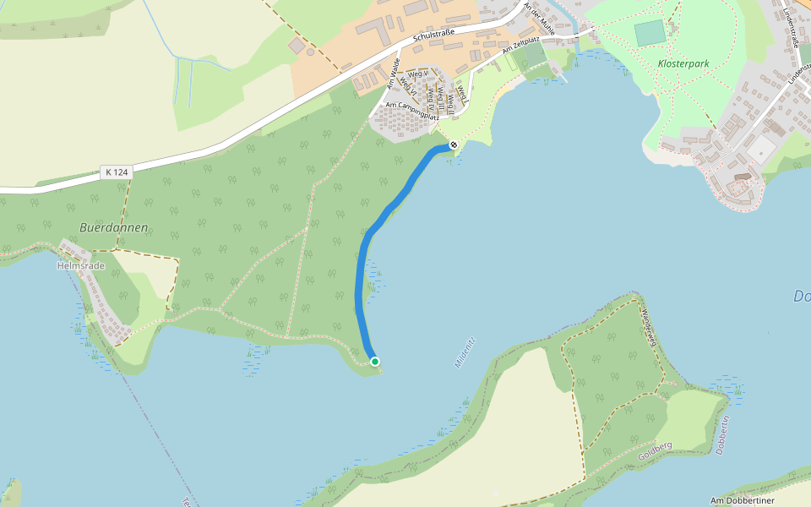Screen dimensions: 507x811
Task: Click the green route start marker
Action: click(x=375, y=362)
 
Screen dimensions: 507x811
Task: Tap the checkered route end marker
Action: click(x=454, y=145)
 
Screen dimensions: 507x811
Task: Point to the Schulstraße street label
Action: click(x=434, y=37)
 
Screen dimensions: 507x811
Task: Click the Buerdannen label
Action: click(x=114, y=227)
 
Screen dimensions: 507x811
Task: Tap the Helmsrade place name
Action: click(x=80, y=264)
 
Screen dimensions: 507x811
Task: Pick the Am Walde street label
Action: click(x=392, y=74)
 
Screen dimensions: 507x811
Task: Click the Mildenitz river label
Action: click(x=465, y=351)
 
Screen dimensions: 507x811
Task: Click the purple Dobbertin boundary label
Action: click(x=721, y=435)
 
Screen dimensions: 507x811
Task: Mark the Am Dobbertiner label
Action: click(x=743, y=500)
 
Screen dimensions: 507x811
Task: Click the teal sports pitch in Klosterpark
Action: click(x=650, y=33)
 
